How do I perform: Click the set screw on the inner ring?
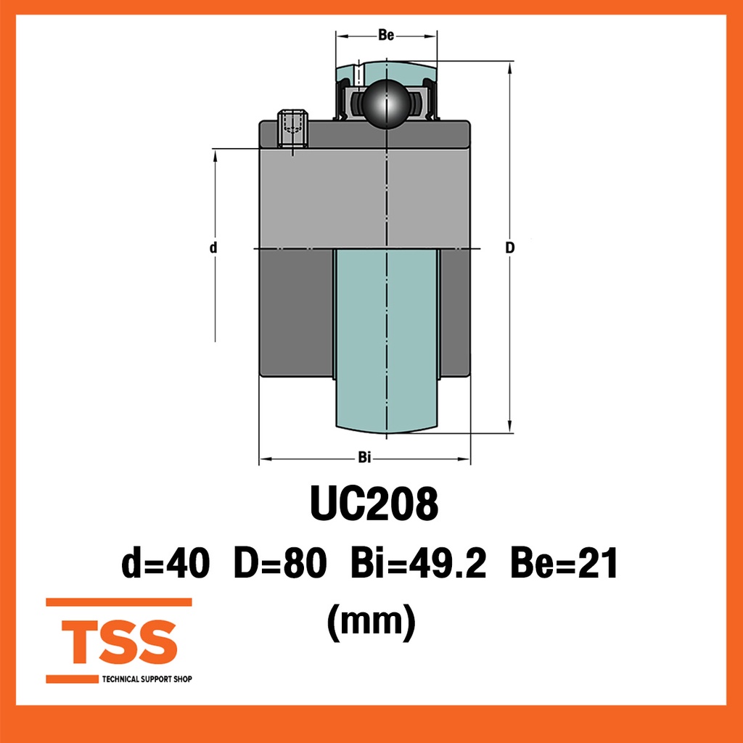293,129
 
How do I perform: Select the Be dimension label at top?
386,36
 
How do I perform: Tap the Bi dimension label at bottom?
365,458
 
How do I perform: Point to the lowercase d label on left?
213,248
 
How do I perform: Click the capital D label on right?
510,248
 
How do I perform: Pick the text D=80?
279,564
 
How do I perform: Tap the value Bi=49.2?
418,564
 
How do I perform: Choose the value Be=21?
564,564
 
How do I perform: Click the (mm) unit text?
371,620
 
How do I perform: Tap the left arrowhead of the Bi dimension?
265,459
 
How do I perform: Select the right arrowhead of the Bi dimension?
465,459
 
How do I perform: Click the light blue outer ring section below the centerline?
386,334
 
